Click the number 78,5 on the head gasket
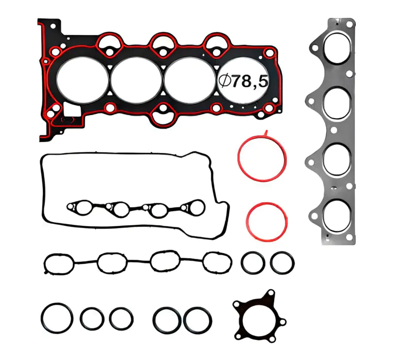pyautogui.click(x=250, y=81)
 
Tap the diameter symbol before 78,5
pyautogui.click(x=225, y=81)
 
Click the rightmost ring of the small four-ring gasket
pyautogui.click(x=194, y=208)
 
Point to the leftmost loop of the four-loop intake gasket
pyautogui.click(x=58, y=263)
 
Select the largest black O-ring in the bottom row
pyautogui.click(x=56, y=318)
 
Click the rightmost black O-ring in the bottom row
pyautogui.click(x=197, y=320)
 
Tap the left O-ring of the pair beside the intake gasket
pyautogui.click(x=253, y=262)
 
